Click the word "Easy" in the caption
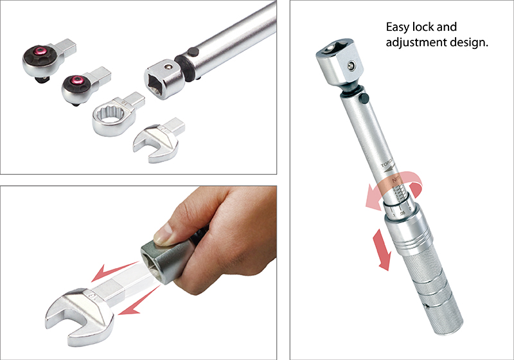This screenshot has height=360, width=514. (398, 28)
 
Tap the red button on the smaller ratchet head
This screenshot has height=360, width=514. (76, 80)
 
